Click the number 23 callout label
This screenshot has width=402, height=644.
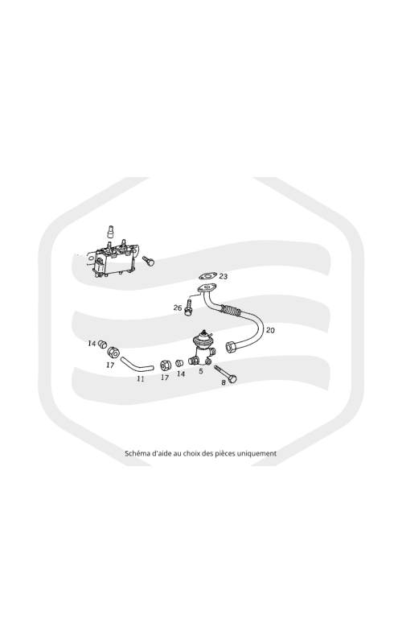(x=224, y=276)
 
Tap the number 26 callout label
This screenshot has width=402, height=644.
(x=178, y=308)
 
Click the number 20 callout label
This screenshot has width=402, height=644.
(x=270, y=330)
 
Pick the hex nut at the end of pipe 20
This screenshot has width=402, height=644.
(x=231, y=347)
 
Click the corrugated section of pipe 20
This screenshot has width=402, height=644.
(x=232, y=311)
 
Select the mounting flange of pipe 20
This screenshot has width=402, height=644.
(x=206, y=288)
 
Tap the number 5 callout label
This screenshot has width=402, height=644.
(x=200, y=371)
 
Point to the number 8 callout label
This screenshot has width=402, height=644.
(x=224, y=382)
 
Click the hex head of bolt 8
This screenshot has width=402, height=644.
(x=232, y=378)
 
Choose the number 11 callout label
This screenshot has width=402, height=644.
(x=140, y=378)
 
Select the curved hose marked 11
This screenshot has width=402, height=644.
(x=136, y=365)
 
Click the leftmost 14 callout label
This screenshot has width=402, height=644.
(x=92, y=343)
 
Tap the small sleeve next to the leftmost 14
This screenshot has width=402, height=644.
(x=103, y=344)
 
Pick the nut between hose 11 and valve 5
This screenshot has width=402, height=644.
(x=166, y=364)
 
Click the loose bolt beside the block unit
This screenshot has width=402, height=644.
(x=148, y=261)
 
